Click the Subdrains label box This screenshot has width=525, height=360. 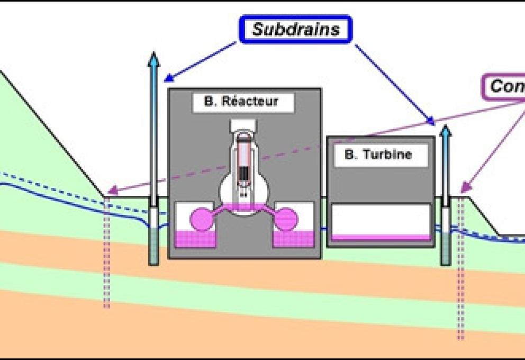click(x=295, y=29)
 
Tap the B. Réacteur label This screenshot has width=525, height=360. click(x=241, y=102)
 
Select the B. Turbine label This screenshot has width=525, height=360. click(x=378, y=155)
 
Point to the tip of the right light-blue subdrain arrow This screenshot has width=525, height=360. click(x=446, y=128)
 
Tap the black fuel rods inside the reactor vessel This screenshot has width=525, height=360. click(x=244, y=172)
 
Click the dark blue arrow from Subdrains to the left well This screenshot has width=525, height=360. click(x=201, y=61)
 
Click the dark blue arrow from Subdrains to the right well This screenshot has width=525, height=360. click(x=394, y=85)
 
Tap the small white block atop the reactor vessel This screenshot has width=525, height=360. click(x=243, y=125)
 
